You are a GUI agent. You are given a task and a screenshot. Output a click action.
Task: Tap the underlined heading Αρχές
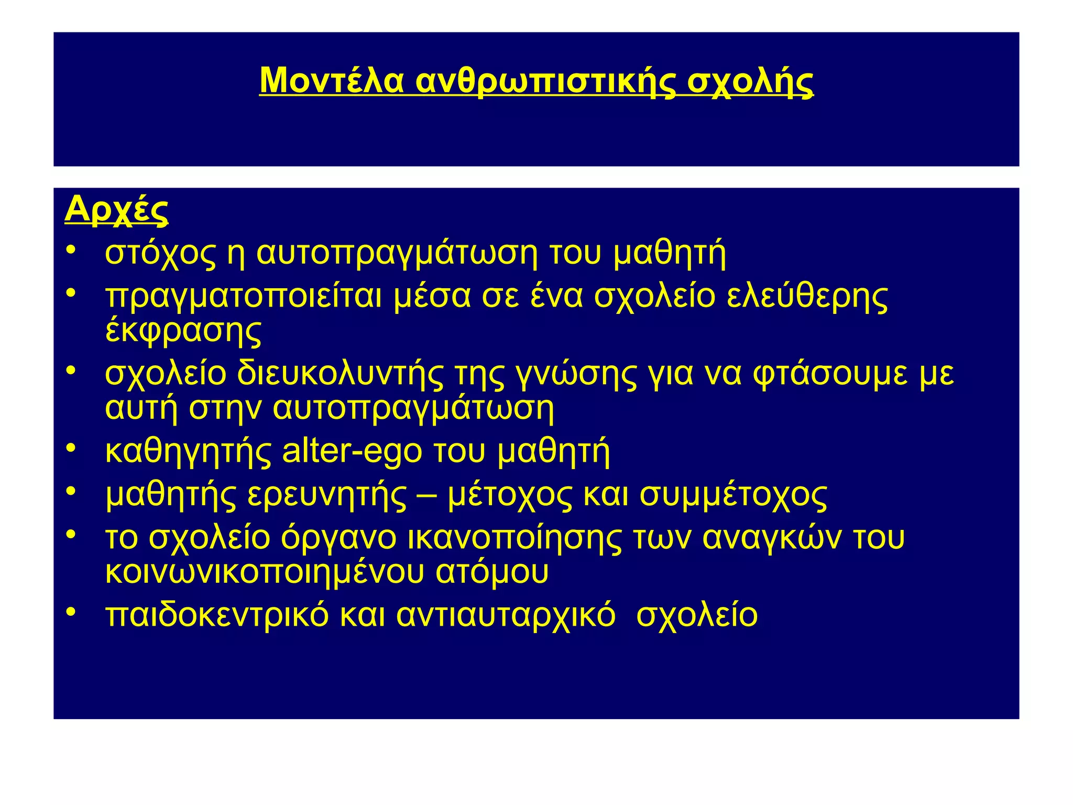(116, 210)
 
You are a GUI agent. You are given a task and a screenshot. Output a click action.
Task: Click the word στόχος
(160, 254)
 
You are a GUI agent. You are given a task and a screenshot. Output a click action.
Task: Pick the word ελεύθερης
(807, 297)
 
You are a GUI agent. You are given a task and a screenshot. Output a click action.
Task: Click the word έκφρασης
(183, 331)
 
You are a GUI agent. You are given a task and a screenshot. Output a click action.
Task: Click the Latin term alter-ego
(352, 451)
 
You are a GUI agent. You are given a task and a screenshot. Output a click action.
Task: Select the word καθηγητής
(188, 452)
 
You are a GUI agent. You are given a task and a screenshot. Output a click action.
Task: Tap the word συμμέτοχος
(733, 495)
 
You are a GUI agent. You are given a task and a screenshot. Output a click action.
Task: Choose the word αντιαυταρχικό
(506, 615)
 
